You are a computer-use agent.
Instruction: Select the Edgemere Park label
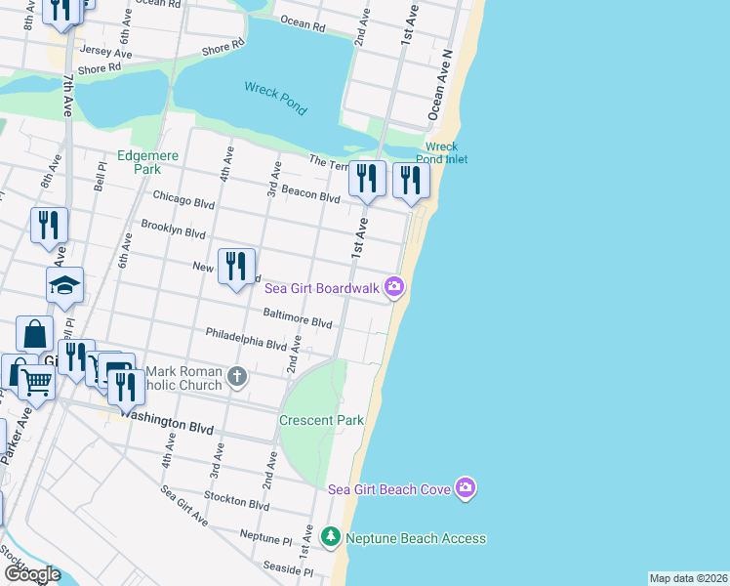[x=138, y=161]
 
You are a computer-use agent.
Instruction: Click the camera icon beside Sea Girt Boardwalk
[x=394, y=286]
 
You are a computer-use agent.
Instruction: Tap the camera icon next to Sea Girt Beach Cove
[x=466, y=488]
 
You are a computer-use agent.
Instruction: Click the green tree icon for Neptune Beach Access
[x=331, y=537]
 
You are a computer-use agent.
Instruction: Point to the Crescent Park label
[x=321, y=420]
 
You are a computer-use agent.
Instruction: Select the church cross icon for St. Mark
[x=236, y=376]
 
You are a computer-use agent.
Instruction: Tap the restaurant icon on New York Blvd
[x=236, y=266]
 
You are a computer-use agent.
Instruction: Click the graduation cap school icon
[x=65, y=284]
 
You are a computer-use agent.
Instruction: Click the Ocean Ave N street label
[x=440, y=87]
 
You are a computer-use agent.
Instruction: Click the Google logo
[x=31, y=574]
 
